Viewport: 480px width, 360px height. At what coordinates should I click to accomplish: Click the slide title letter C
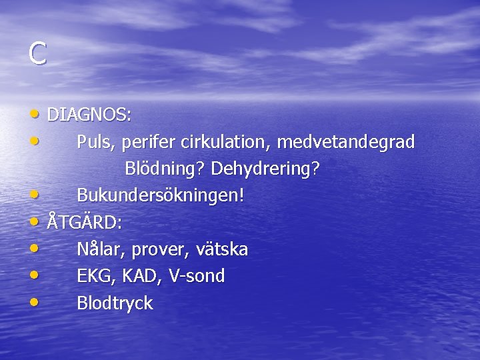point(37,54)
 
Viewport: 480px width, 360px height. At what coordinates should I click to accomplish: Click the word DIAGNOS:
point(89,115)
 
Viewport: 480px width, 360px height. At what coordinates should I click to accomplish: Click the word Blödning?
point(165,169)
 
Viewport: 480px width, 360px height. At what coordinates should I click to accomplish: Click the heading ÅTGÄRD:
point(84,222)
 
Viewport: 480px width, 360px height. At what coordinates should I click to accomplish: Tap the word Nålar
point(100,249)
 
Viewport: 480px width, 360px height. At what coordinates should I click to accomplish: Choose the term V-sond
point(197,276)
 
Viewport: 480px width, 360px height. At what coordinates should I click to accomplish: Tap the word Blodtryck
point(115,303)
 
